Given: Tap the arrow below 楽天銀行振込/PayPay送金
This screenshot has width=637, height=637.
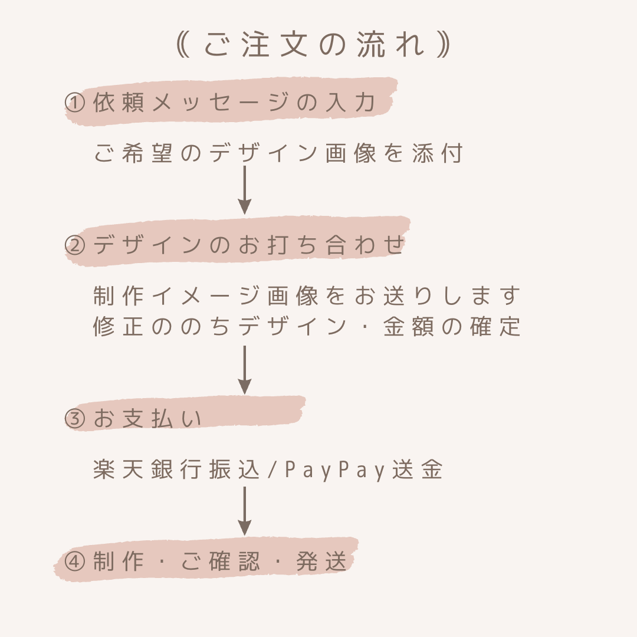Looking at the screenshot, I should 244,511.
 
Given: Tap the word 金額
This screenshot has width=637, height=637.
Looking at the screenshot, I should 408,326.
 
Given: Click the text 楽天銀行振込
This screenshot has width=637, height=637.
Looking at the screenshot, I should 176,470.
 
